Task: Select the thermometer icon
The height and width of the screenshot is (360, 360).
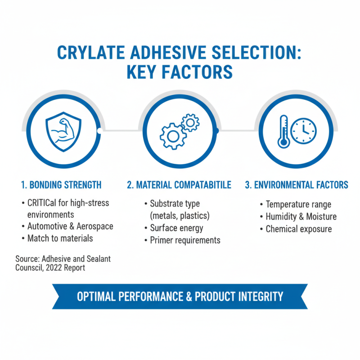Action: (x=283, y=131)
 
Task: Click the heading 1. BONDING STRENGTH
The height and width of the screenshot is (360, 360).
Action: (x=61, y=185)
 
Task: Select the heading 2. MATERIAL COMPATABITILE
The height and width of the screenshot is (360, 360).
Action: (x=179, y=185)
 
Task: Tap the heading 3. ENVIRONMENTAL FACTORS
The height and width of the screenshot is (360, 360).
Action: (x=297, y=185)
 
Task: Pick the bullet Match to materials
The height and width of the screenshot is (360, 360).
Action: (x=60, y=238)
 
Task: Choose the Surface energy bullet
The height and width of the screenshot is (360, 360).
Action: (x=176, y=228)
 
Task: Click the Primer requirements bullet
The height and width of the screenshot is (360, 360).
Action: (x=185, y=240)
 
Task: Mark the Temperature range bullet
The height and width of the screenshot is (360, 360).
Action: (x=298, y=205)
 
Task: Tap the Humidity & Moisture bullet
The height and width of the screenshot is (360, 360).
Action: (x=300, y=216)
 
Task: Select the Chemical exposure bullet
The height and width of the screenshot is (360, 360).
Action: (x=298, y=229)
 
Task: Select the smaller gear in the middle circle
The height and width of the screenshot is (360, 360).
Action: (x=190, y=121)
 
